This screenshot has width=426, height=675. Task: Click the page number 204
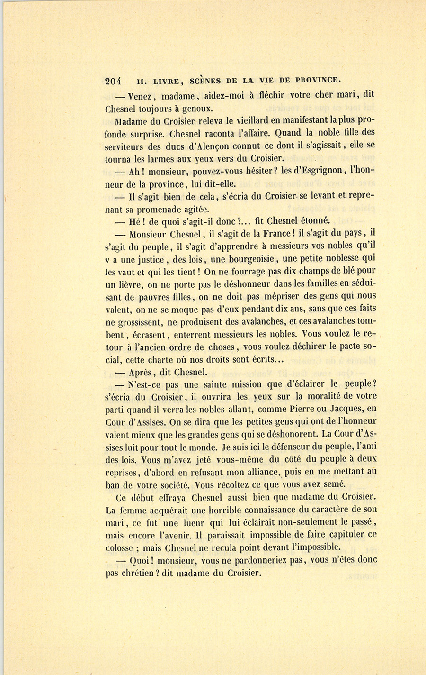point(114,81)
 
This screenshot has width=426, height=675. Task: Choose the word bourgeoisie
point(252,259)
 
